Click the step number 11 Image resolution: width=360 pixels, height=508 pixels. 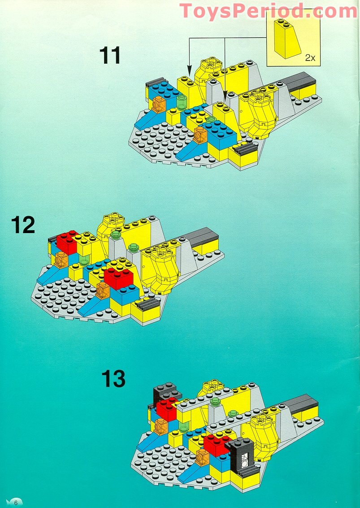tap(110, 56)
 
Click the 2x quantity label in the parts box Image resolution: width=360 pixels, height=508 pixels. tap(310, 57)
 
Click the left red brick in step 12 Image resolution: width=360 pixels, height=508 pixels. tap(67, 242)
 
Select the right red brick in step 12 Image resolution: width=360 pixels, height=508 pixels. tap(118, 277)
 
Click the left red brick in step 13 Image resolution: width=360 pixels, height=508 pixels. tap(167, 409)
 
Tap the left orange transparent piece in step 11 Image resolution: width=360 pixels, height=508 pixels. tap(158, 105)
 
